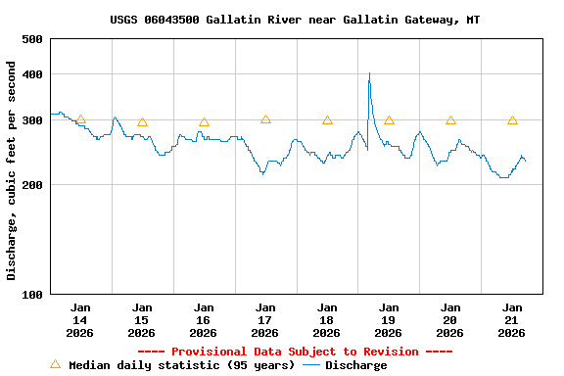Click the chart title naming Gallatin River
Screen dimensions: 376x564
295,20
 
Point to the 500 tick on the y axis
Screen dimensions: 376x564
32,39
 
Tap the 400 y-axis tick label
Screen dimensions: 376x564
32,74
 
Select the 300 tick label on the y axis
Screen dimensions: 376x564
32,120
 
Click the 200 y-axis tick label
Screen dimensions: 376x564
32,185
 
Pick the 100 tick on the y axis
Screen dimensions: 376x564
32,295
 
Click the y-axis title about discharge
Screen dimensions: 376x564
12,170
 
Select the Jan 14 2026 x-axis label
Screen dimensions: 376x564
80,320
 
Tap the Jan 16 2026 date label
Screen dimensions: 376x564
204,320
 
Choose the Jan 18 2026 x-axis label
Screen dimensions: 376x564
327,320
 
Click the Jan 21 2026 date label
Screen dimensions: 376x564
512,320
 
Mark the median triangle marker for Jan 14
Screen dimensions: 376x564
80,119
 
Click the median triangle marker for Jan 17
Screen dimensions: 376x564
265,119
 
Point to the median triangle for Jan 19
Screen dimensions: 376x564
389,120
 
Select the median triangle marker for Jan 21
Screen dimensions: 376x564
512,120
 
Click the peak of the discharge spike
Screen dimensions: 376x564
369,73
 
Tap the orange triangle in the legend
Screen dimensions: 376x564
55,364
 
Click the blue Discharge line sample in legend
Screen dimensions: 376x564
311,365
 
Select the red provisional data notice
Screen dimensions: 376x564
295,352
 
